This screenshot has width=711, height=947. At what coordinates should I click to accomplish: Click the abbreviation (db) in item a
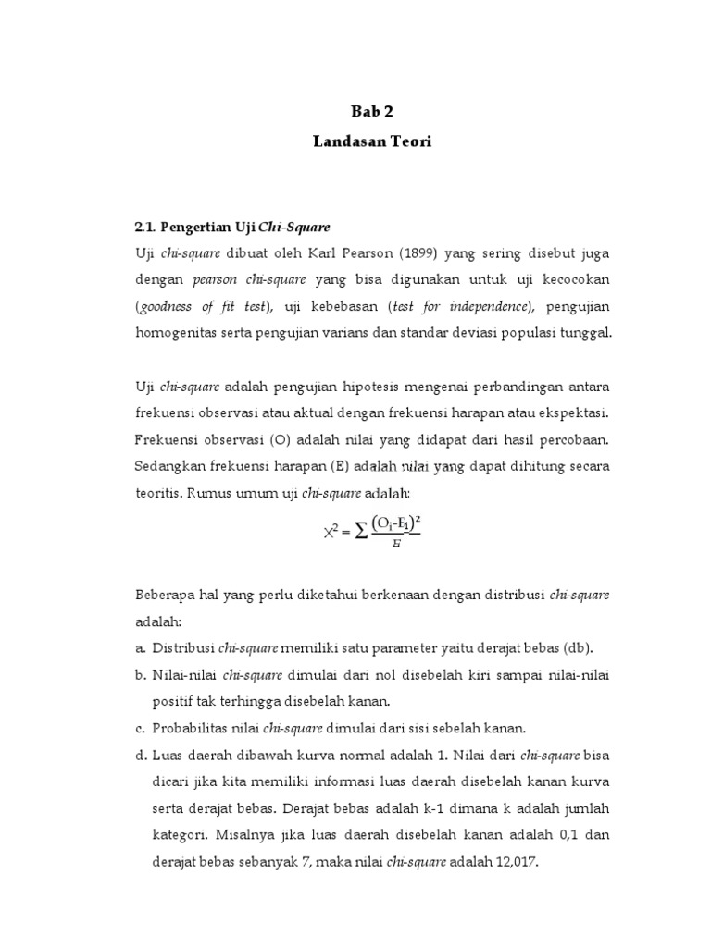[x=577, y=646]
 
